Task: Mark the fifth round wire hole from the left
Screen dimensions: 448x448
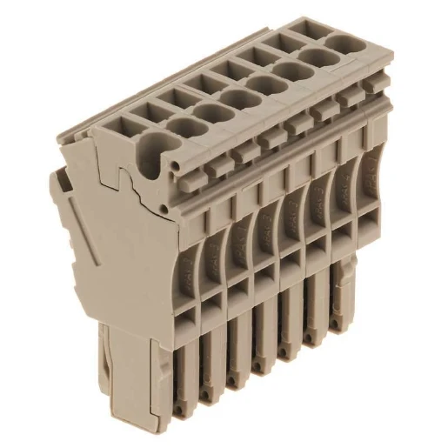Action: (x=264, y=82)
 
